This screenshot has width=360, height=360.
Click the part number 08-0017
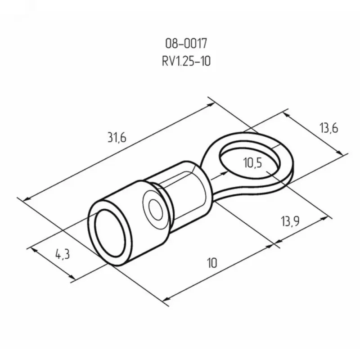(186, 43)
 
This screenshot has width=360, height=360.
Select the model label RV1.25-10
(186, 61)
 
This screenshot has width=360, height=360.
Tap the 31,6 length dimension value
(117, 138)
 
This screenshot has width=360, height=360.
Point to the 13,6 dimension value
(329, 128)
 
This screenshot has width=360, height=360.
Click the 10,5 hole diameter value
(252, 163)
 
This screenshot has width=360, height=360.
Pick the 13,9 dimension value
(290, 221)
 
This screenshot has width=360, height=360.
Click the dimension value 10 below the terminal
(212, 263)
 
